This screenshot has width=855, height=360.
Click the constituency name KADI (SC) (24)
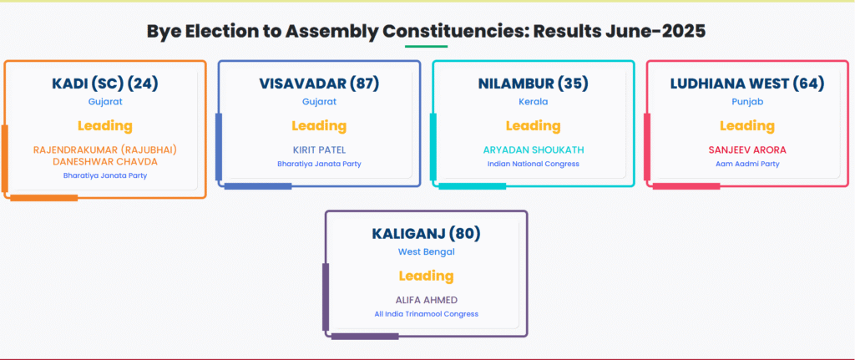[x=104, y=84]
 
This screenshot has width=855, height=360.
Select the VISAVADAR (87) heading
[x=319, y=84]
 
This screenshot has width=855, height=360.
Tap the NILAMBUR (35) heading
[x=534, y=84]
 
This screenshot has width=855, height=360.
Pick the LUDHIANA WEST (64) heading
[x=747, y=84]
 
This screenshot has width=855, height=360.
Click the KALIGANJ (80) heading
[x=427, y=233]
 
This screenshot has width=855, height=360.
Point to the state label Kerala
[x=534, y=101]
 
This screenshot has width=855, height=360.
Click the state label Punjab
[x=747, y=101]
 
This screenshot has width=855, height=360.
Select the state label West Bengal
[x=427, y=252]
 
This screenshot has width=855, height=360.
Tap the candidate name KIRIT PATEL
[x=319, y=150]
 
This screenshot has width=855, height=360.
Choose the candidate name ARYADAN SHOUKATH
[x=534, y=150]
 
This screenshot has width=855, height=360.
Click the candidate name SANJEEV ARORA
[x=747, y=150]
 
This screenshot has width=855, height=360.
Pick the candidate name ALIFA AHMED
[x=427, y=300]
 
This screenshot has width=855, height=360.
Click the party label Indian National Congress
[x=534, y=164]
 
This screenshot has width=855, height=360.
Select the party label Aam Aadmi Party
[x=747, y=164]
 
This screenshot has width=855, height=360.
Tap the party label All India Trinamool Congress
[x=427, y=314]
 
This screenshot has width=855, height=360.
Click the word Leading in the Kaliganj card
[x=427, y=276]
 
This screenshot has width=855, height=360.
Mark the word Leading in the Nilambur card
[x=534, y=126]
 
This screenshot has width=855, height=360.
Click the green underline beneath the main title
[x=426, y=47]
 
